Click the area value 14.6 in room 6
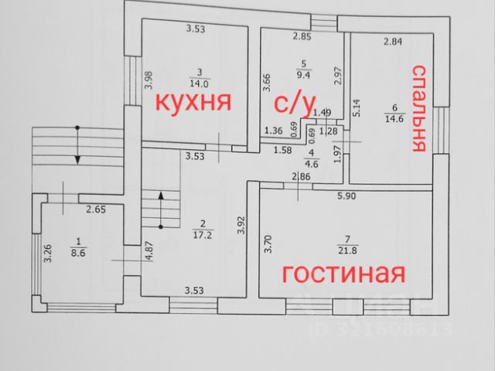click(394, 117)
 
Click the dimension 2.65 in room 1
click(96, 209)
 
